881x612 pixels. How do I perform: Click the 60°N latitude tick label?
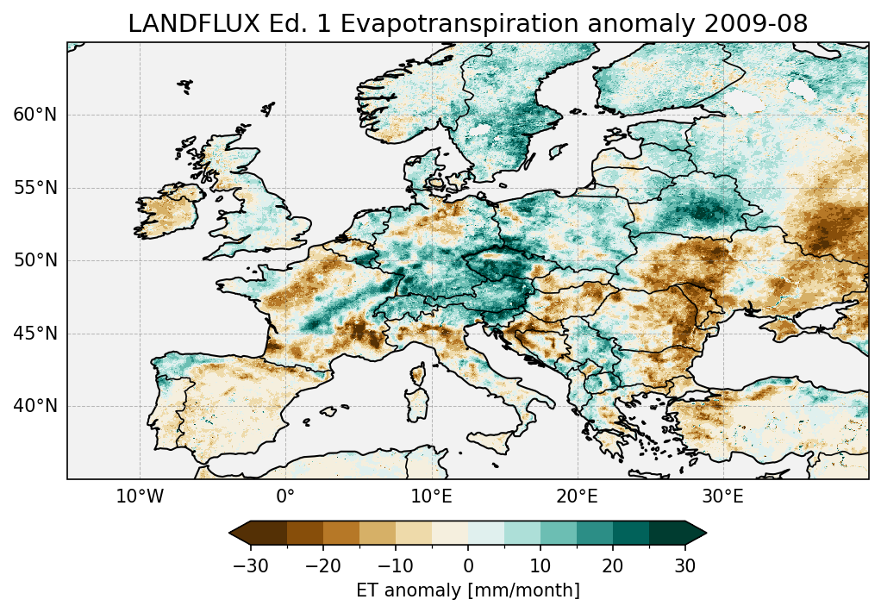point(35,115)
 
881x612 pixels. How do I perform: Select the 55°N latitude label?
point(35,188)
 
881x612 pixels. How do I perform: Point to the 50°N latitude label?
point(35,260)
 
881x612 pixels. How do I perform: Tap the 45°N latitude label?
point(35,334)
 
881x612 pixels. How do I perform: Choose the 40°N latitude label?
point(35,406)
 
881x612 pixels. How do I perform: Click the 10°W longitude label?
point(140,496)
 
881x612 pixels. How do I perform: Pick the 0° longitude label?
point(285,496)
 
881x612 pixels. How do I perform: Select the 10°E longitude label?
point(431,496)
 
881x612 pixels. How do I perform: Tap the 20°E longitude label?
point(577,496)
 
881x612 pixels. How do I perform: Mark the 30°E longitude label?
point(722,496)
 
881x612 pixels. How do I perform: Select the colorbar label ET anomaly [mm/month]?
point(468,590)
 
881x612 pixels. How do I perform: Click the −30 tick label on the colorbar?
point(250,565)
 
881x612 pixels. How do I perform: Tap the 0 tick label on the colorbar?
point(468,565)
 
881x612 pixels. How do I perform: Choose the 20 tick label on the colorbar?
point(613,565)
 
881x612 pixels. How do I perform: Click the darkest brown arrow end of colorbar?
point(240,533)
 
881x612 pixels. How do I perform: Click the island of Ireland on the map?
point(168,211)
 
